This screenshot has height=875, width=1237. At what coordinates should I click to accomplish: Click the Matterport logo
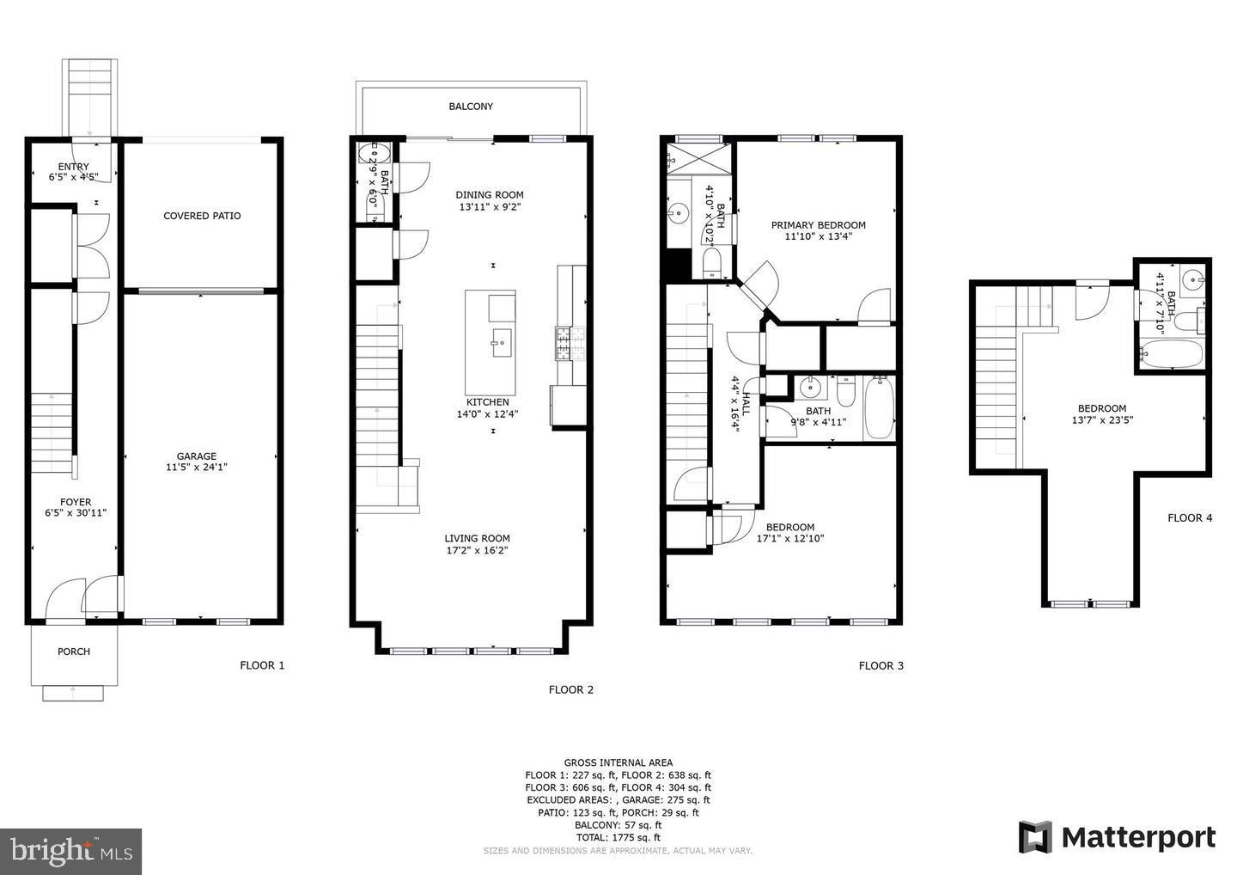(1117, 837)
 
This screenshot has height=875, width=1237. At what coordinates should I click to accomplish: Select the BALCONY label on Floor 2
(471, 107)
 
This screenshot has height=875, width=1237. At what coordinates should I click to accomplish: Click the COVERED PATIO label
(202, 216)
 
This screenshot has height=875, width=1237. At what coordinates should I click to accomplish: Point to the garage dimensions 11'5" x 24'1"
(197, 468)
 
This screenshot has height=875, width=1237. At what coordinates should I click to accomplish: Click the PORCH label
(74, 652)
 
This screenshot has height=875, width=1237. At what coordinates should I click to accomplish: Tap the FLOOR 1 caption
(262, 665)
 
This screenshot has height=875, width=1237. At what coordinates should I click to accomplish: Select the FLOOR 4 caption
(1190, 517)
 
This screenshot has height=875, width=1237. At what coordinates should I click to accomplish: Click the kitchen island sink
(499, 343)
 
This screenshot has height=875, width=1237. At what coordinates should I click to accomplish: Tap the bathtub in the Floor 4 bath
(1171, 354)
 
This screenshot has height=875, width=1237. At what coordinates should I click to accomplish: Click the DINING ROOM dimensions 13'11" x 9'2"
(490, 206)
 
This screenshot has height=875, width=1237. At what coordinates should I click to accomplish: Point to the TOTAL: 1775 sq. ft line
(618, 837)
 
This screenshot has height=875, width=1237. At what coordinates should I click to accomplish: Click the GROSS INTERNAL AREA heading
(618, 762)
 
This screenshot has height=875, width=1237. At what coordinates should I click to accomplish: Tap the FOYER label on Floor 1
(76, 502)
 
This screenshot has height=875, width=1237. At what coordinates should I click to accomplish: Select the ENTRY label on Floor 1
(73, 167)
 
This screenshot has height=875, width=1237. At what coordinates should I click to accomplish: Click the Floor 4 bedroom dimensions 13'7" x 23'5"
(1102, 420)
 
